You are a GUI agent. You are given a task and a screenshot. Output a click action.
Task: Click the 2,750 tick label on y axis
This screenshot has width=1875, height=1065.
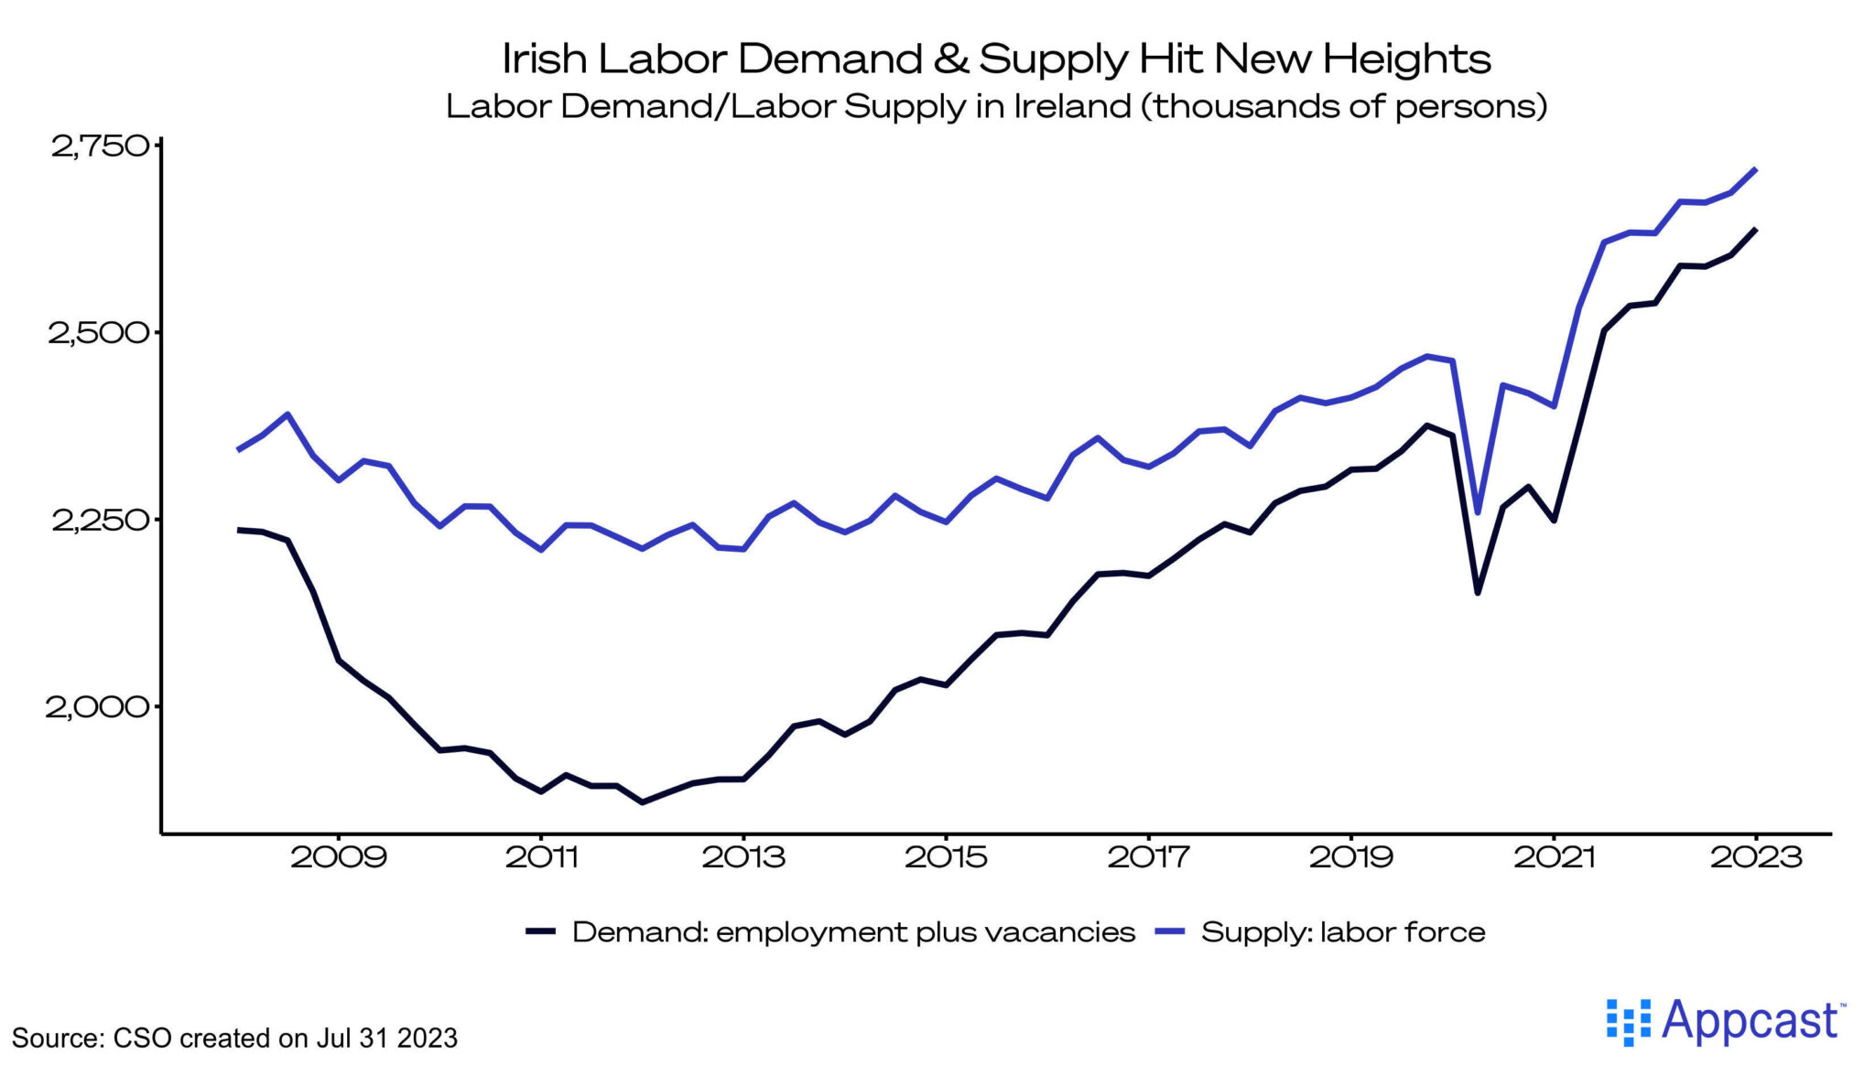(x=99, y=146)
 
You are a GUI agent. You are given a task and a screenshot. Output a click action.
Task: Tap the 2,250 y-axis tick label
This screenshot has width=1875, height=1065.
(x=99, y=521)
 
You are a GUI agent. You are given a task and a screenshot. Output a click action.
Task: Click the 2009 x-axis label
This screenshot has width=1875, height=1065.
(x=338, y=857)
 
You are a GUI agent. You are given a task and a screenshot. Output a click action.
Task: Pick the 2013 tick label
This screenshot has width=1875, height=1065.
(x=743, y=857)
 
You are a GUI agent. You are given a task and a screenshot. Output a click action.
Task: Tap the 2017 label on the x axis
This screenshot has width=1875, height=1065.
(x=1148, y=857)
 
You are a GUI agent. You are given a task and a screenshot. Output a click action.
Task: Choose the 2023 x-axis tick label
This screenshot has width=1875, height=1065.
(x=1756, y=857)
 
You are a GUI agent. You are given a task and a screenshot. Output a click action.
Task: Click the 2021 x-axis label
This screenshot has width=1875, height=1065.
(x=1554, y=857)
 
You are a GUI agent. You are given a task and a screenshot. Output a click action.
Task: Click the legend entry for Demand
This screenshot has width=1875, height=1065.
(x=851, y=932)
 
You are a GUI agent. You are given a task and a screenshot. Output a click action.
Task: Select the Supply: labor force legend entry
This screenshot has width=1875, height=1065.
(x=1341, y=932)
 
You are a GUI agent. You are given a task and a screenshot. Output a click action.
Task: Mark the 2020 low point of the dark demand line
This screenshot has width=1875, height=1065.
(x=1477, y=593)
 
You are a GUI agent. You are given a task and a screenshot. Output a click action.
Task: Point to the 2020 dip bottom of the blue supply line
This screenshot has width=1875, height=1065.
(x=1477, y=512)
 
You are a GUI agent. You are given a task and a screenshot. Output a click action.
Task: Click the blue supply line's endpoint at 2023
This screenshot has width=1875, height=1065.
(x=1755, y=169)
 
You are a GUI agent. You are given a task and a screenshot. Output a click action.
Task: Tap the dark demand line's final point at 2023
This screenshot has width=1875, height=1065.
(x=1755, y=230)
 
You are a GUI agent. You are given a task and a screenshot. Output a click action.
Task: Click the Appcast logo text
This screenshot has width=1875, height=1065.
(x=1749, y=1021)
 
